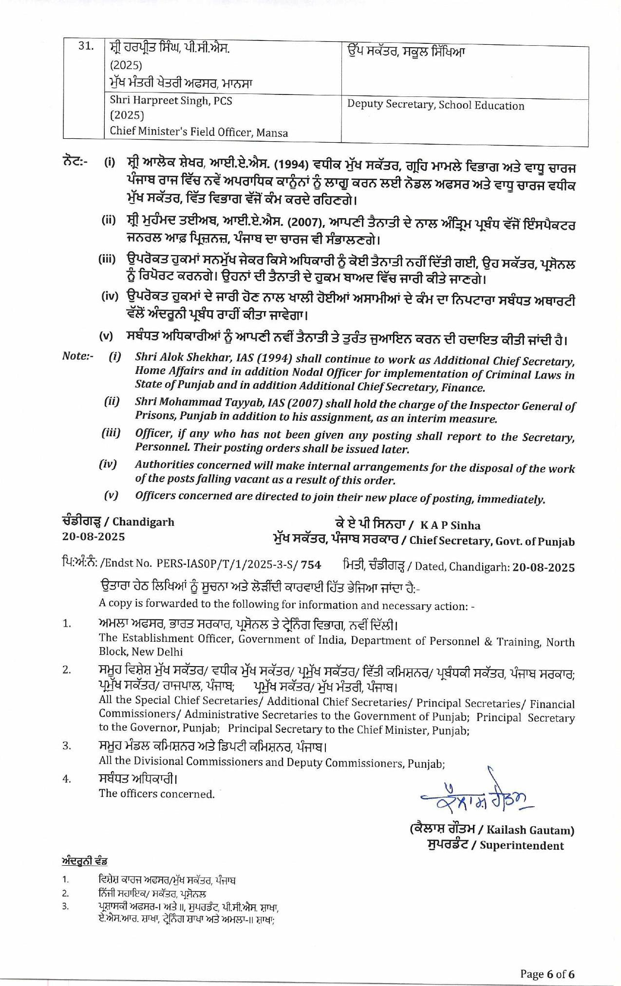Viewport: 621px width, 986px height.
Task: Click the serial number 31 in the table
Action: point(86,47)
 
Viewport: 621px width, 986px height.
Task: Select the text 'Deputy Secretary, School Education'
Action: point(435,106)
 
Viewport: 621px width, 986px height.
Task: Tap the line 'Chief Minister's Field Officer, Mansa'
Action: point(199,132)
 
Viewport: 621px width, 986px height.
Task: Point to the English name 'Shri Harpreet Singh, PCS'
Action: point(171,101)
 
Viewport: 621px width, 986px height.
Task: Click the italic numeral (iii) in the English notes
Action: point(111,433)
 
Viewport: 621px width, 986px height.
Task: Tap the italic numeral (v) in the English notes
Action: point(111,495)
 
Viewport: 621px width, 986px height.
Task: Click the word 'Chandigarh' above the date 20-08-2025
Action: point(143,522)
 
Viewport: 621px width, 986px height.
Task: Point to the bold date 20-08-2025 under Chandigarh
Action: point(94,537)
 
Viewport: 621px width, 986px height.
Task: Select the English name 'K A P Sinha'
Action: point(450,525)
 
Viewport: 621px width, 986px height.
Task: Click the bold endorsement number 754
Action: point(311,565)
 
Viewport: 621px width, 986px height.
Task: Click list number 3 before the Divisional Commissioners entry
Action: point(67,745)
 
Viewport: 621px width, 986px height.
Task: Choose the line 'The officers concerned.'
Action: point(156,794)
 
